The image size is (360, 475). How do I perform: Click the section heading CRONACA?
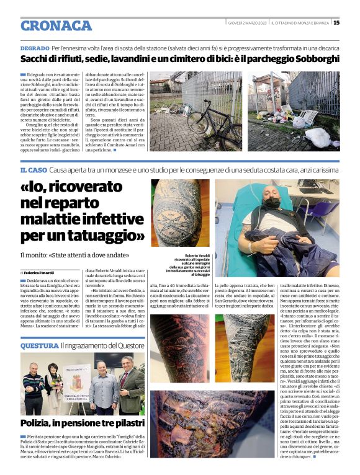[x=56, y=25]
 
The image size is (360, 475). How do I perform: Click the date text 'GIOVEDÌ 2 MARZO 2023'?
[x=246, y=23]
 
